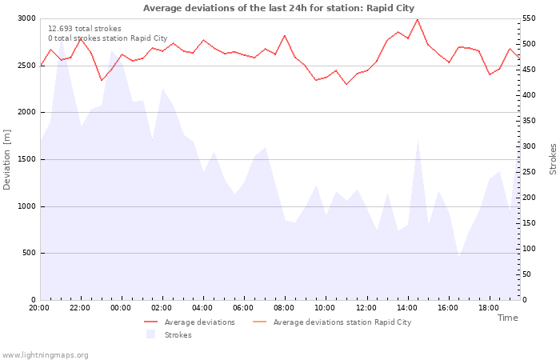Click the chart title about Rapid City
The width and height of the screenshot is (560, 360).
click(x=278, y=8)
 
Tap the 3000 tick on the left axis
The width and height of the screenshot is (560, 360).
click(x=26, y=18)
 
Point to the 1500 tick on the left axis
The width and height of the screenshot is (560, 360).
click(x=26, y=159)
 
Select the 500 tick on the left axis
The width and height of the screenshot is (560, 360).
click(x=28, y=254)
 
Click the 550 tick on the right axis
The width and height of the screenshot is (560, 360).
click(x=531, y=18)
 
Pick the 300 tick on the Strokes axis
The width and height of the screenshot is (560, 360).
click(x=531, y=146)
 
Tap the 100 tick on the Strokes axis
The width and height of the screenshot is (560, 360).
click(x=531, y=249)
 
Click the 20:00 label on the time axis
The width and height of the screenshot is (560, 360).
click(x=39, y=307)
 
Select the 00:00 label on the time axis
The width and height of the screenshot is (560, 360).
click(x=121, y=307)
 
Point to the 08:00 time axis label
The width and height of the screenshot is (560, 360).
click(x=284, y=307)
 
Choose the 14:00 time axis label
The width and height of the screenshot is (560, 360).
click(x=407, y=307)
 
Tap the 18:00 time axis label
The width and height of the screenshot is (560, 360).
click(x=489, y=307)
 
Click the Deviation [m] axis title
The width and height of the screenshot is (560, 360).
click(x=7, y=159)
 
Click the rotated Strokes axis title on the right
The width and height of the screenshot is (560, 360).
click(x=553, y=159)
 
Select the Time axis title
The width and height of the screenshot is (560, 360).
click(x=507, y=318)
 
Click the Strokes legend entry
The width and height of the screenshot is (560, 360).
click(x=178, y=334)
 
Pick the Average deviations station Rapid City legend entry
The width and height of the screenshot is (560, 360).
click(x=342, y=322)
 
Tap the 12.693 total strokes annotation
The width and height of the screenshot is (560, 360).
click(x=85, y=29)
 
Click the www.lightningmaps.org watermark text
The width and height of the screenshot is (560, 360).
click(x=45, y=354)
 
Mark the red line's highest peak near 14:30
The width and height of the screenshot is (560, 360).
click(x=417, y=19)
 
